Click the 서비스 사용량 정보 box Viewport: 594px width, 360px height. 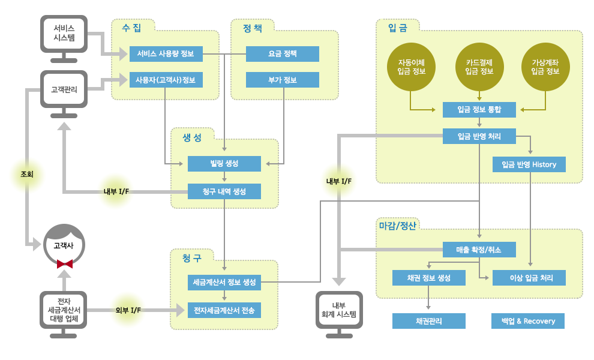[x=166, y=54]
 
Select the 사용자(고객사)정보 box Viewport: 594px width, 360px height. [x=166, y=80]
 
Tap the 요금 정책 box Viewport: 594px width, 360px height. [x=283, y=54]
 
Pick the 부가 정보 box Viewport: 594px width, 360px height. [x=283, y=80]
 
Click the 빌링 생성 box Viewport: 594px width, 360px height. [x=224, y=164]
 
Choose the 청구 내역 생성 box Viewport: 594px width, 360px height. [x=224, y=191]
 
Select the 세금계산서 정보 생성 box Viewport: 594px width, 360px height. [x=224, y=282]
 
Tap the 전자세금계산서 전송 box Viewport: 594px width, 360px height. [x=224, y=311]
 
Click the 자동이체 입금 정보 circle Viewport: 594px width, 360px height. [x=412, y=67]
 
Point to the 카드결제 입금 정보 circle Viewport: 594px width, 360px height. [x=479, y=67]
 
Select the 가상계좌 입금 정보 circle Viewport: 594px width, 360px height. [x=545, y=67]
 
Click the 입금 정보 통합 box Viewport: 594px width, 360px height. [x=479, y=110]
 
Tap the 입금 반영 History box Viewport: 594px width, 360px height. [x=529, y=164]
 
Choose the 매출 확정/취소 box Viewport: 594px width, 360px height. [x=479, y=249]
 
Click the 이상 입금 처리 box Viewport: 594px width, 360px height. [x=529, y=278]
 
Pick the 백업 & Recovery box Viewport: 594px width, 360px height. [x=529, y=321]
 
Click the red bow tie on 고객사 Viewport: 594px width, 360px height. [x=64, y=263]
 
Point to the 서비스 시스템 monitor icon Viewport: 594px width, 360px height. [x=64, y=33]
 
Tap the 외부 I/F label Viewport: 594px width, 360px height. [x=128, y=310]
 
